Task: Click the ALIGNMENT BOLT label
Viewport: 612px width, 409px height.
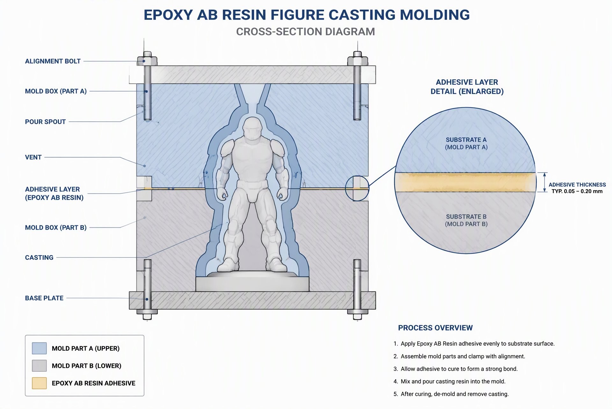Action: point(53,61)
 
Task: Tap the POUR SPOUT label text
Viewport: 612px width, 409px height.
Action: point(45,122)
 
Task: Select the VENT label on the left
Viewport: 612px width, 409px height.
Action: point(33,157)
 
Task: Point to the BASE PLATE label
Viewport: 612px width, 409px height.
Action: point(44,298)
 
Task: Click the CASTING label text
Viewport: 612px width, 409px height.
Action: point(39,257)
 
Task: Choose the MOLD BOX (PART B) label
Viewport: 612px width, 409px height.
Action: point(56,227)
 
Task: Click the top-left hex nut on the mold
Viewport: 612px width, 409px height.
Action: point(147,60)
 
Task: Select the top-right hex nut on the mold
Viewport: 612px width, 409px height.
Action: point(358,61)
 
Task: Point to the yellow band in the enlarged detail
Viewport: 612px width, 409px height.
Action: point(466,182)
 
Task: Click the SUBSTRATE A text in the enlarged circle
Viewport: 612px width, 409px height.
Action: point(466,140)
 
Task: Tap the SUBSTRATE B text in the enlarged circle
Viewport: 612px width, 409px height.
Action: point(466,217)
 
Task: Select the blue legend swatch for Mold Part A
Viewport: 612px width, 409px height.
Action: point(39,348)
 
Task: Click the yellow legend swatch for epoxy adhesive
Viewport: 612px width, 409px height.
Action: point(39,383)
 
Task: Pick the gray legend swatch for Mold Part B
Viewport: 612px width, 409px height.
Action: point(39,366)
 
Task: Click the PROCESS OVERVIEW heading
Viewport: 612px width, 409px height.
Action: point(435,328)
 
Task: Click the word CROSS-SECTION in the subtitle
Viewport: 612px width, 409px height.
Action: point(278,32)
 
